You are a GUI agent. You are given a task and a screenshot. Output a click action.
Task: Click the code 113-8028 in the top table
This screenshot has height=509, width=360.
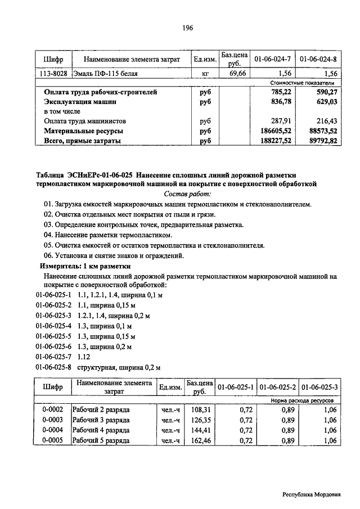click(x=52, y=73)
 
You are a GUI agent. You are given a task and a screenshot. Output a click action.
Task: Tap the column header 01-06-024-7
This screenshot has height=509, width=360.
click(x=273, y=59)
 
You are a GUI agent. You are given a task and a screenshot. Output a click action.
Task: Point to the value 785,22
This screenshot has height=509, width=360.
click(x=280, y=92)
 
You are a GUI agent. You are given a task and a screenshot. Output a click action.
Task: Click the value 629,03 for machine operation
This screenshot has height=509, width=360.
click(x=325, y=102)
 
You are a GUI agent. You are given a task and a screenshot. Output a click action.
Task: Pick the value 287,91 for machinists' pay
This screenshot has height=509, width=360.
click(x=280, y=121)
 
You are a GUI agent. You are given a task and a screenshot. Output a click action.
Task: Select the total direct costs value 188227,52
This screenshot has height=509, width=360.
click(x=274, y=141)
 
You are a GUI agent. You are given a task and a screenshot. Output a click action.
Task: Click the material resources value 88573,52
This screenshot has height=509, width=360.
click(x=320, y=131)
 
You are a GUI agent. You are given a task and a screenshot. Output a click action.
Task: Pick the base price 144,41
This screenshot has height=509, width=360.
click(x=200, y=430)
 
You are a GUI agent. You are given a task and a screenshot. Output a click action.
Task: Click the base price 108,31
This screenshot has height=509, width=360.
click(x=200, y=409)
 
